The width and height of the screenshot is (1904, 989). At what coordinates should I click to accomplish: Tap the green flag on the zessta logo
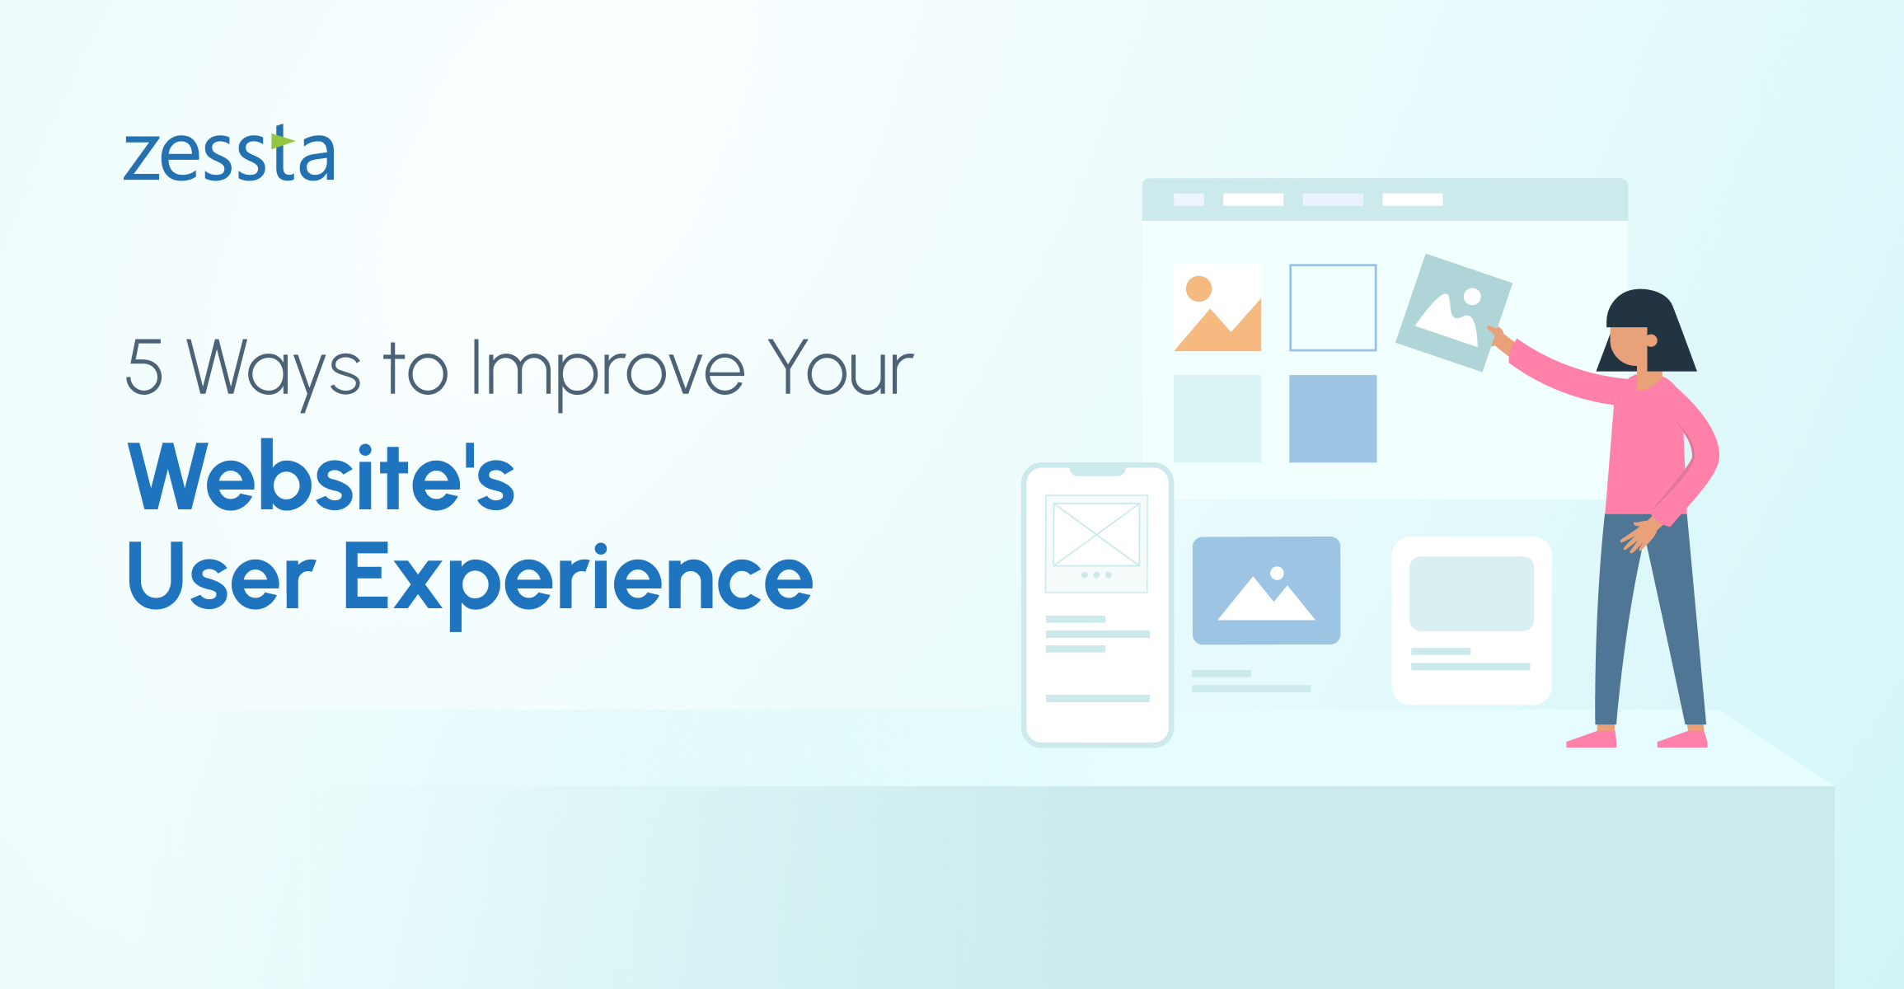(x=282, y=142)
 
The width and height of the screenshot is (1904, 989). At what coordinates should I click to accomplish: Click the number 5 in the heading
(x=144, y=368)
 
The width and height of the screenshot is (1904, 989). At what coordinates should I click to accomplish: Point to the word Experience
(x=578, y=582)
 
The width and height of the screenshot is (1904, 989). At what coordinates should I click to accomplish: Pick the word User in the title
(x=222, y=576)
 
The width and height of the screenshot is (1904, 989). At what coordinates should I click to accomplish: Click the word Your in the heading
(x=841, y=368)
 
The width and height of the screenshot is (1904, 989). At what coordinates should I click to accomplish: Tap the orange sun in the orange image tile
(x=1198, y=288)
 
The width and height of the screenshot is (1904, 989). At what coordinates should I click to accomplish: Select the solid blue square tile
(x=1333, y=419)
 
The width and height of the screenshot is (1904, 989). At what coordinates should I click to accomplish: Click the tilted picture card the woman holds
(x=1453, y=312)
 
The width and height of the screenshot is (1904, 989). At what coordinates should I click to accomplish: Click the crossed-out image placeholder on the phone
(x=1096, y=535)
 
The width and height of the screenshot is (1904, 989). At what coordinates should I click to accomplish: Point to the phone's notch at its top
(x=1097, y=471)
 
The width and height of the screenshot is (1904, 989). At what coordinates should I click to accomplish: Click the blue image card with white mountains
(x=1266, y=590)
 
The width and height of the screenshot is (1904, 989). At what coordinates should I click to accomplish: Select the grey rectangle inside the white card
(x=1471, y=593)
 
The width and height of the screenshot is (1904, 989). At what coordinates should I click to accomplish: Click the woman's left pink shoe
(x=1592, y=739)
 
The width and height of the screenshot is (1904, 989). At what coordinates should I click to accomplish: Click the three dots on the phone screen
(x=1096, y=574)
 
